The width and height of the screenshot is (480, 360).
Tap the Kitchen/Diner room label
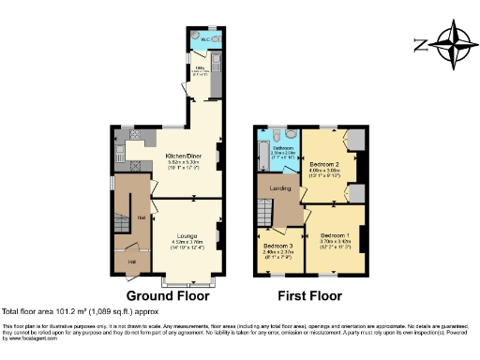(182, 155)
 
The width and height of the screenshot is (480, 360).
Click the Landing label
(280, 187)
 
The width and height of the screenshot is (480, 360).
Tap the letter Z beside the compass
(422, 43)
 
